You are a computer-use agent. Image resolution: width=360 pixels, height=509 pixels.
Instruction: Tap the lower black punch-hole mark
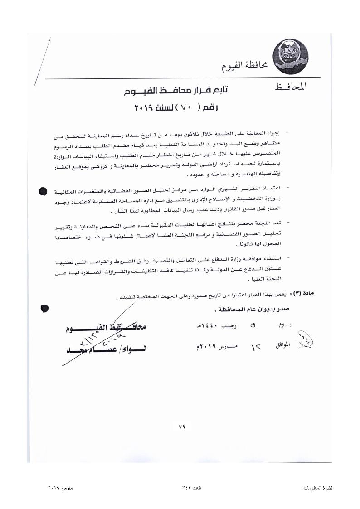pyautogui.click(x=44, y=308)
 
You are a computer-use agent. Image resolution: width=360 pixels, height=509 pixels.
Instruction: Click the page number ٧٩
pyautogui.click(x=183, y=427)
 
